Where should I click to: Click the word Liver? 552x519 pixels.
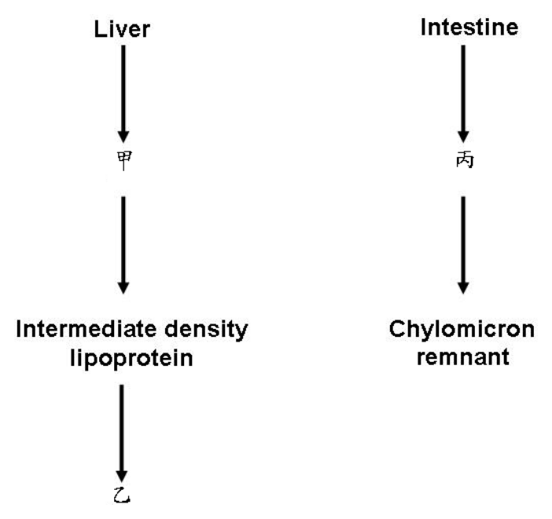[x=122, y=29]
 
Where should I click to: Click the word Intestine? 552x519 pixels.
[x=469, y=27]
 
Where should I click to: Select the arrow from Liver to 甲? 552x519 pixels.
[x=123, y=94]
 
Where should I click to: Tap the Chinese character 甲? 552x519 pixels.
[x=124, y=160]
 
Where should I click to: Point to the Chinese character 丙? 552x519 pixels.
[x=465, y=160]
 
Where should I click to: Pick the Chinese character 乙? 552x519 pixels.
[x=122, y=495]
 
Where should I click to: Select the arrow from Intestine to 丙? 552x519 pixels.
[x=463, y=94]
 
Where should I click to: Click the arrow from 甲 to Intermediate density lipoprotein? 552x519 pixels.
[x=123, y=245]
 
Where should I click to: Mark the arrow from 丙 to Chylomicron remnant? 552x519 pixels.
[x=463, y=245]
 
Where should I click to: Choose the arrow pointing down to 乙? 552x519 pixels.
[x=122, y=433]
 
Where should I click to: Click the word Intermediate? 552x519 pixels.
[x=86, y=329]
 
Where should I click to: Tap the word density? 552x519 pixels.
[x=206, y=330]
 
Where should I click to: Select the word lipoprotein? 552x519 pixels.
[x=131, y=359]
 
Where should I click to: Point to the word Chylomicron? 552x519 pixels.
[x=462, y=330]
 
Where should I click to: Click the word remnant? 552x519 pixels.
[x=463, y=357]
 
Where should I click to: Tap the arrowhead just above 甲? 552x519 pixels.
[x=123, y=137]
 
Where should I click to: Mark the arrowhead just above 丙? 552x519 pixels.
[x=463, y=137]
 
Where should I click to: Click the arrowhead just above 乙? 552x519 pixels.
[x=122, y=476]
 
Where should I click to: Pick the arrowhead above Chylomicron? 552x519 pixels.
[x=463, y=287]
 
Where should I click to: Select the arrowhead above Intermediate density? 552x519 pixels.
[x=123, y=287]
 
